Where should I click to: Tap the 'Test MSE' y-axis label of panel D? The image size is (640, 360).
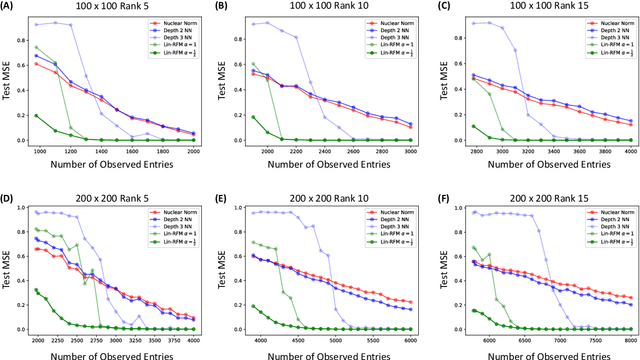8,268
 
